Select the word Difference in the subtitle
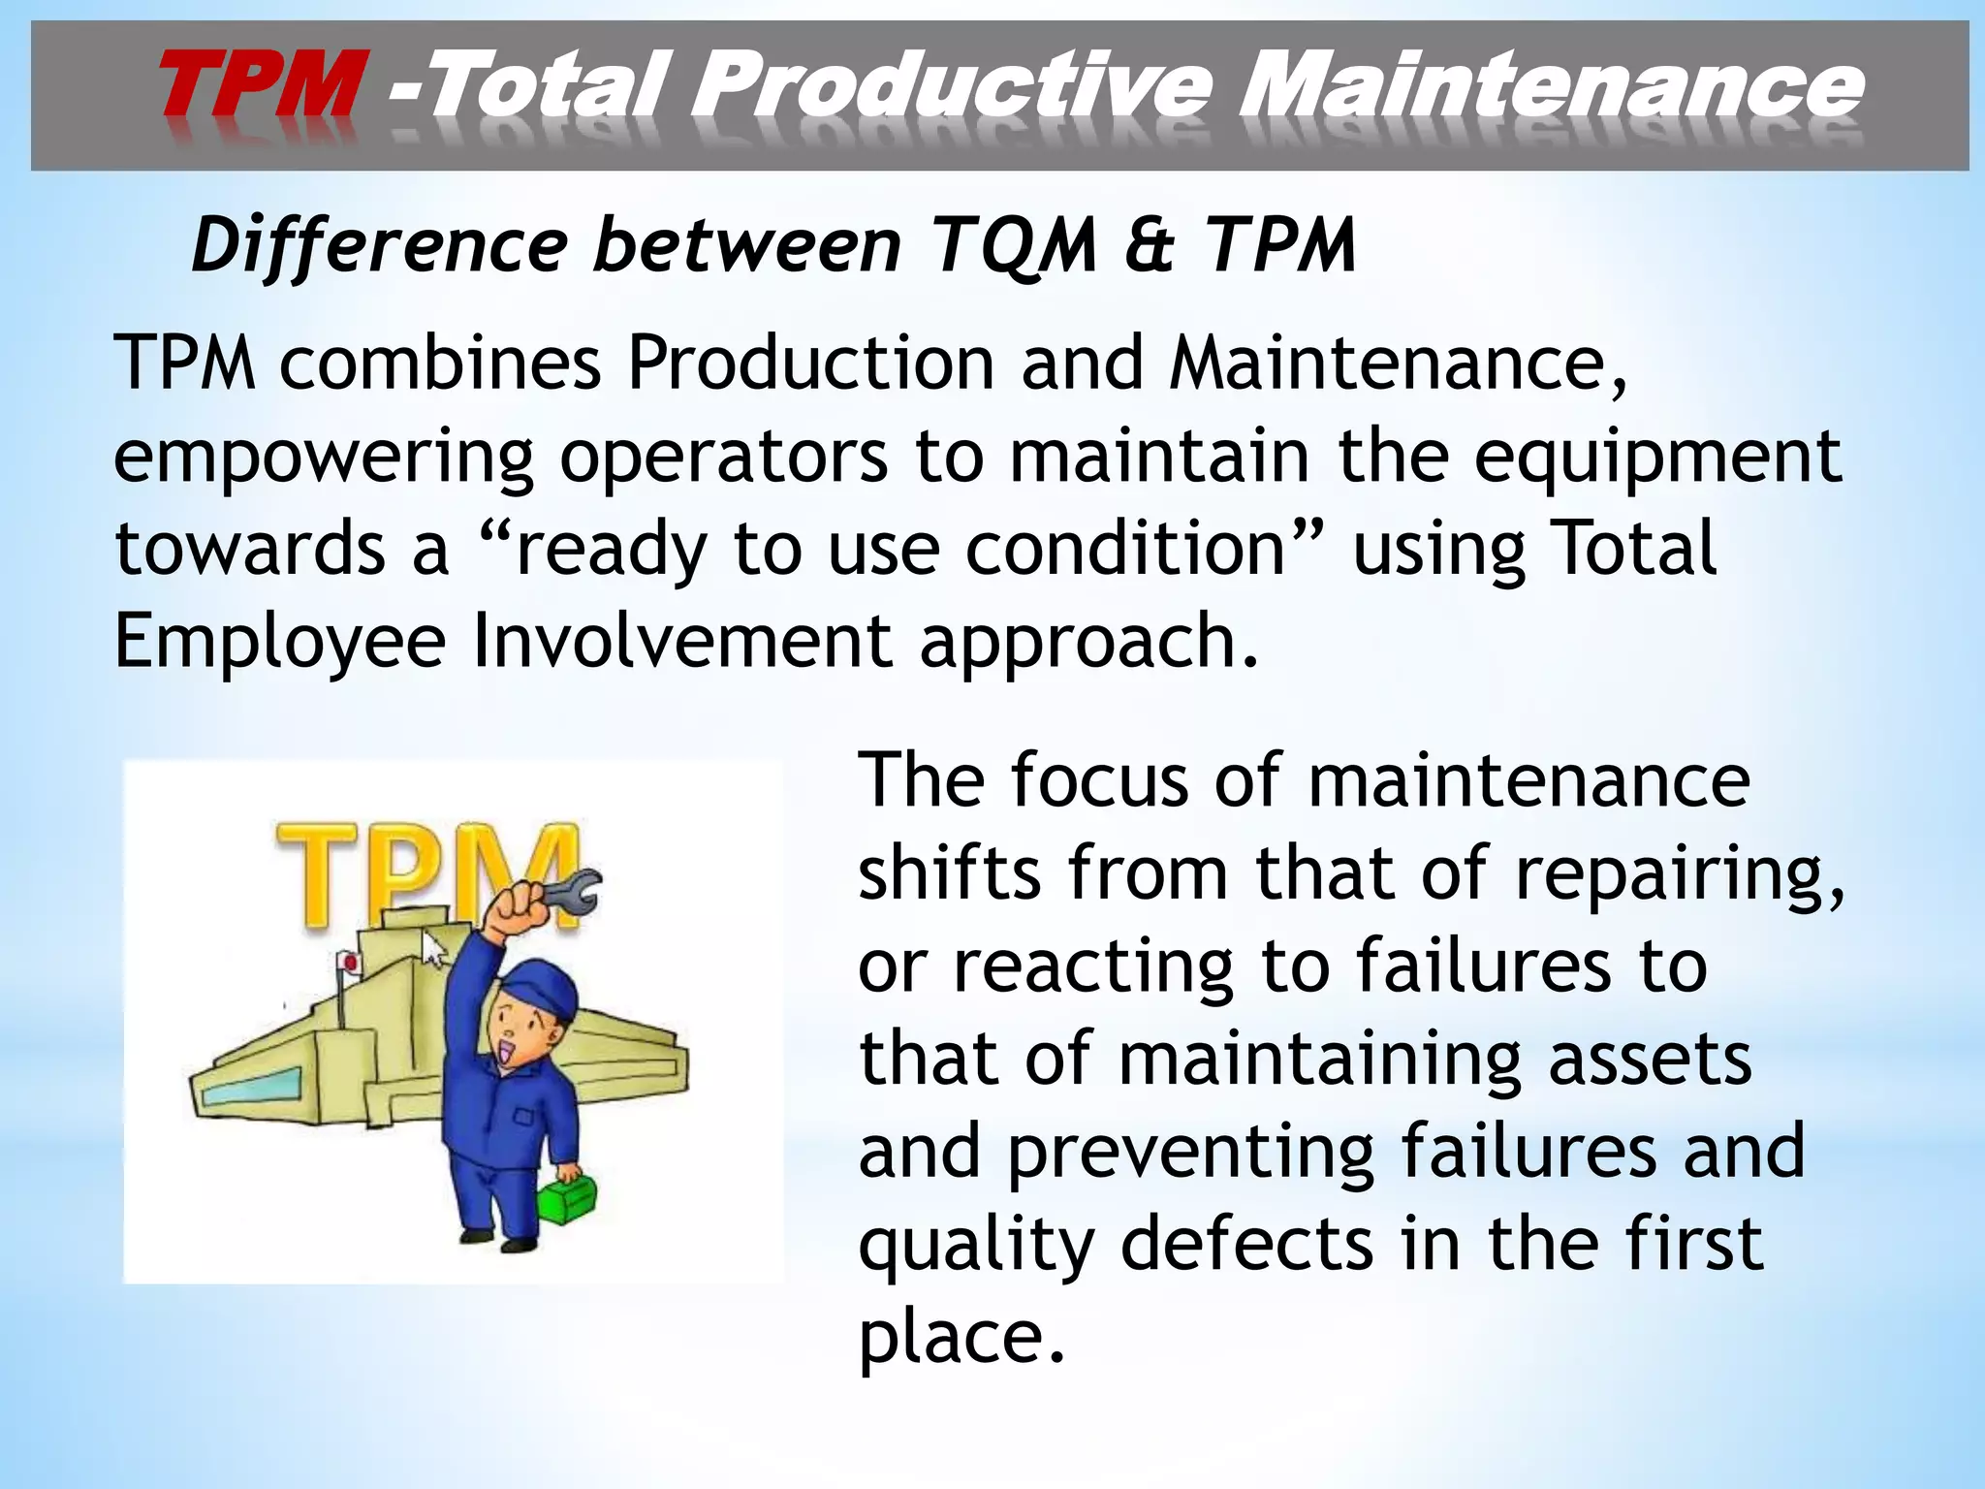tap(379, 245)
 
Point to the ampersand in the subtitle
tap(1150, 245)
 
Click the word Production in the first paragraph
tap(810, 363)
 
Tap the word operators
tap(723, 456)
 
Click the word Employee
tap(280, 642)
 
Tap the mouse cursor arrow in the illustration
tap(435, 948)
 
